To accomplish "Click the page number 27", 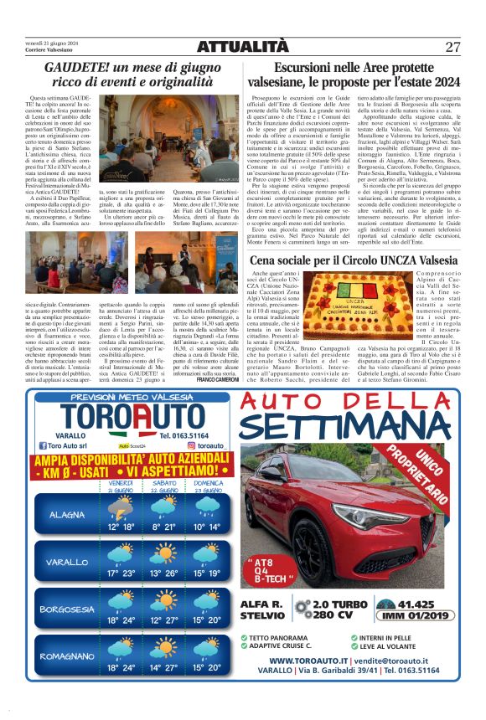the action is pos(452,46).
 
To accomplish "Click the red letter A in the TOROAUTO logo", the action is pos(132,419).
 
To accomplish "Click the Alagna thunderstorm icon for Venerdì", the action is pos(120,505).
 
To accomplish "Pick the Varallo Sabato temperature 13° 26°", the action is pos(164,575).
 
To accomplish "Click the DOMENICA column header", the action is pos(208,483).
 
